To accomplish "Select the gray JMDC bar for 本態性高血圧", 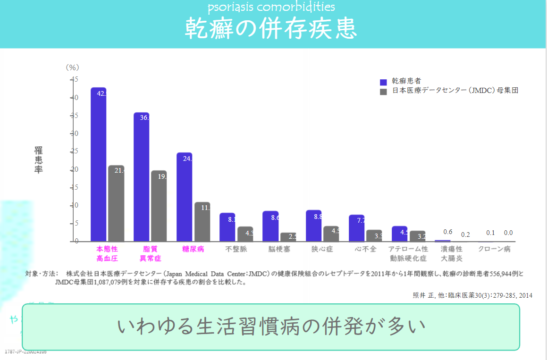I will coord(116,203).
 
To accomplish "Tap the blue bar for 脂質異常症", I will coord(141,177).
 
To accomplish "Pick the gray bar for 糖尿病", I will coord(202,222).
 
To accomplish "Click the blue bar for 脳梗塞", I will coord(270,226).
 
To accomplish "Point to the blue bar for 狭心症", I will coord(313,226).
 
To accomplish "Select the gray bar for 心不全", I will coord(374,235).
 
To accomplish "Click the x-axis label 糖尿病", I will coord(193,249).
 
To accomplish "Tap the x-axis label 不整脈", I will coord(236,249).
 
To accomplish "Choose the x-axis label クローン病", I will coord(494,249).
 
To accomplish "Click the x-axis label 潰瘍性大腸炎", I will coord(452,253).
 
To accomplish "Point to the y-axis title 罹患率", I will coord(38,160).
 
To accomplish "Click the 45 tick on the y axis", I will coord(75,79).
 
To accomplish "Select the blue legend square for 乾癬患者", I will coord(383,82).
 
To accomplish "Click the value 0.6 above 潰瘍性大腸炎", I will coord(448,232).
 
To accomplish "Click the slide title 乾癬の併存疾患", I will coord(270,28).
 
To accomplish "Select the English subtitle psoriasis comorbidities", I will coord(271,7).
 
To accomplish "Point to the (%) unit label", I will coord(72,67).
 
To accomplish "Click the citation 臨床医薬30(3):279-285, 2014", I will coord(472,296).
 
